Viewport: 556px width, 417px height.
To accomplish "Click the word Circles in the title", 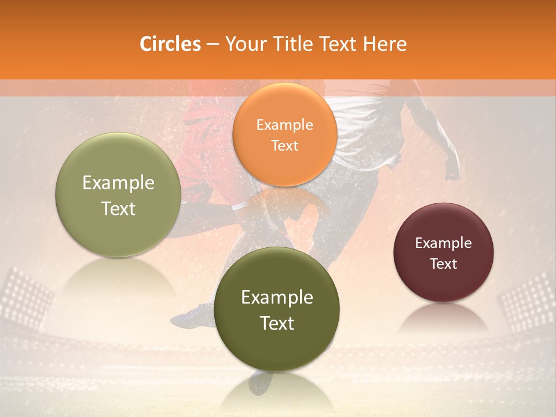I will coord(170,44).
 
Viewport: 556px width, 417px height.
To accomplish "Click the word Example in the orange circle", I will coord(285,125).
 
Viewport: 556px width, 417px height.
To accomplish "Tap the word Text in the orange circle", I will coord(285,145).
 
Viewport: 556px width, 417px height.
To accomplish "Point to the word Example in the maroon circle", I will coord(444,243).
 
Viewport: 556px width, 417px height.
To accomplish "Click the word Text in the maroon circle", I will coord(444,264).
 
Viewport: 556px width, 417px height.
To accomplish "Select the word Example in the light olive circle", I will coord(118,182).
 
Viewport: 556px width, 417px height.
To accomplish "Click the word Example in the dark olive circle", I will coord(277,297).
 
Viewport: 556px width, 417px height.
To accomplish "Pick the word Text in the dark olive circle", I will coord(277,323).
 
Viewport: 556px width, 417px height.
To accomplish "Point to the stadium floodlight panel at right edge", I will coord(529,298).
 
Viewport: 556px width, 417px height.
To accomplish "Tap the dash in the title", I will coord(213,45).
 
